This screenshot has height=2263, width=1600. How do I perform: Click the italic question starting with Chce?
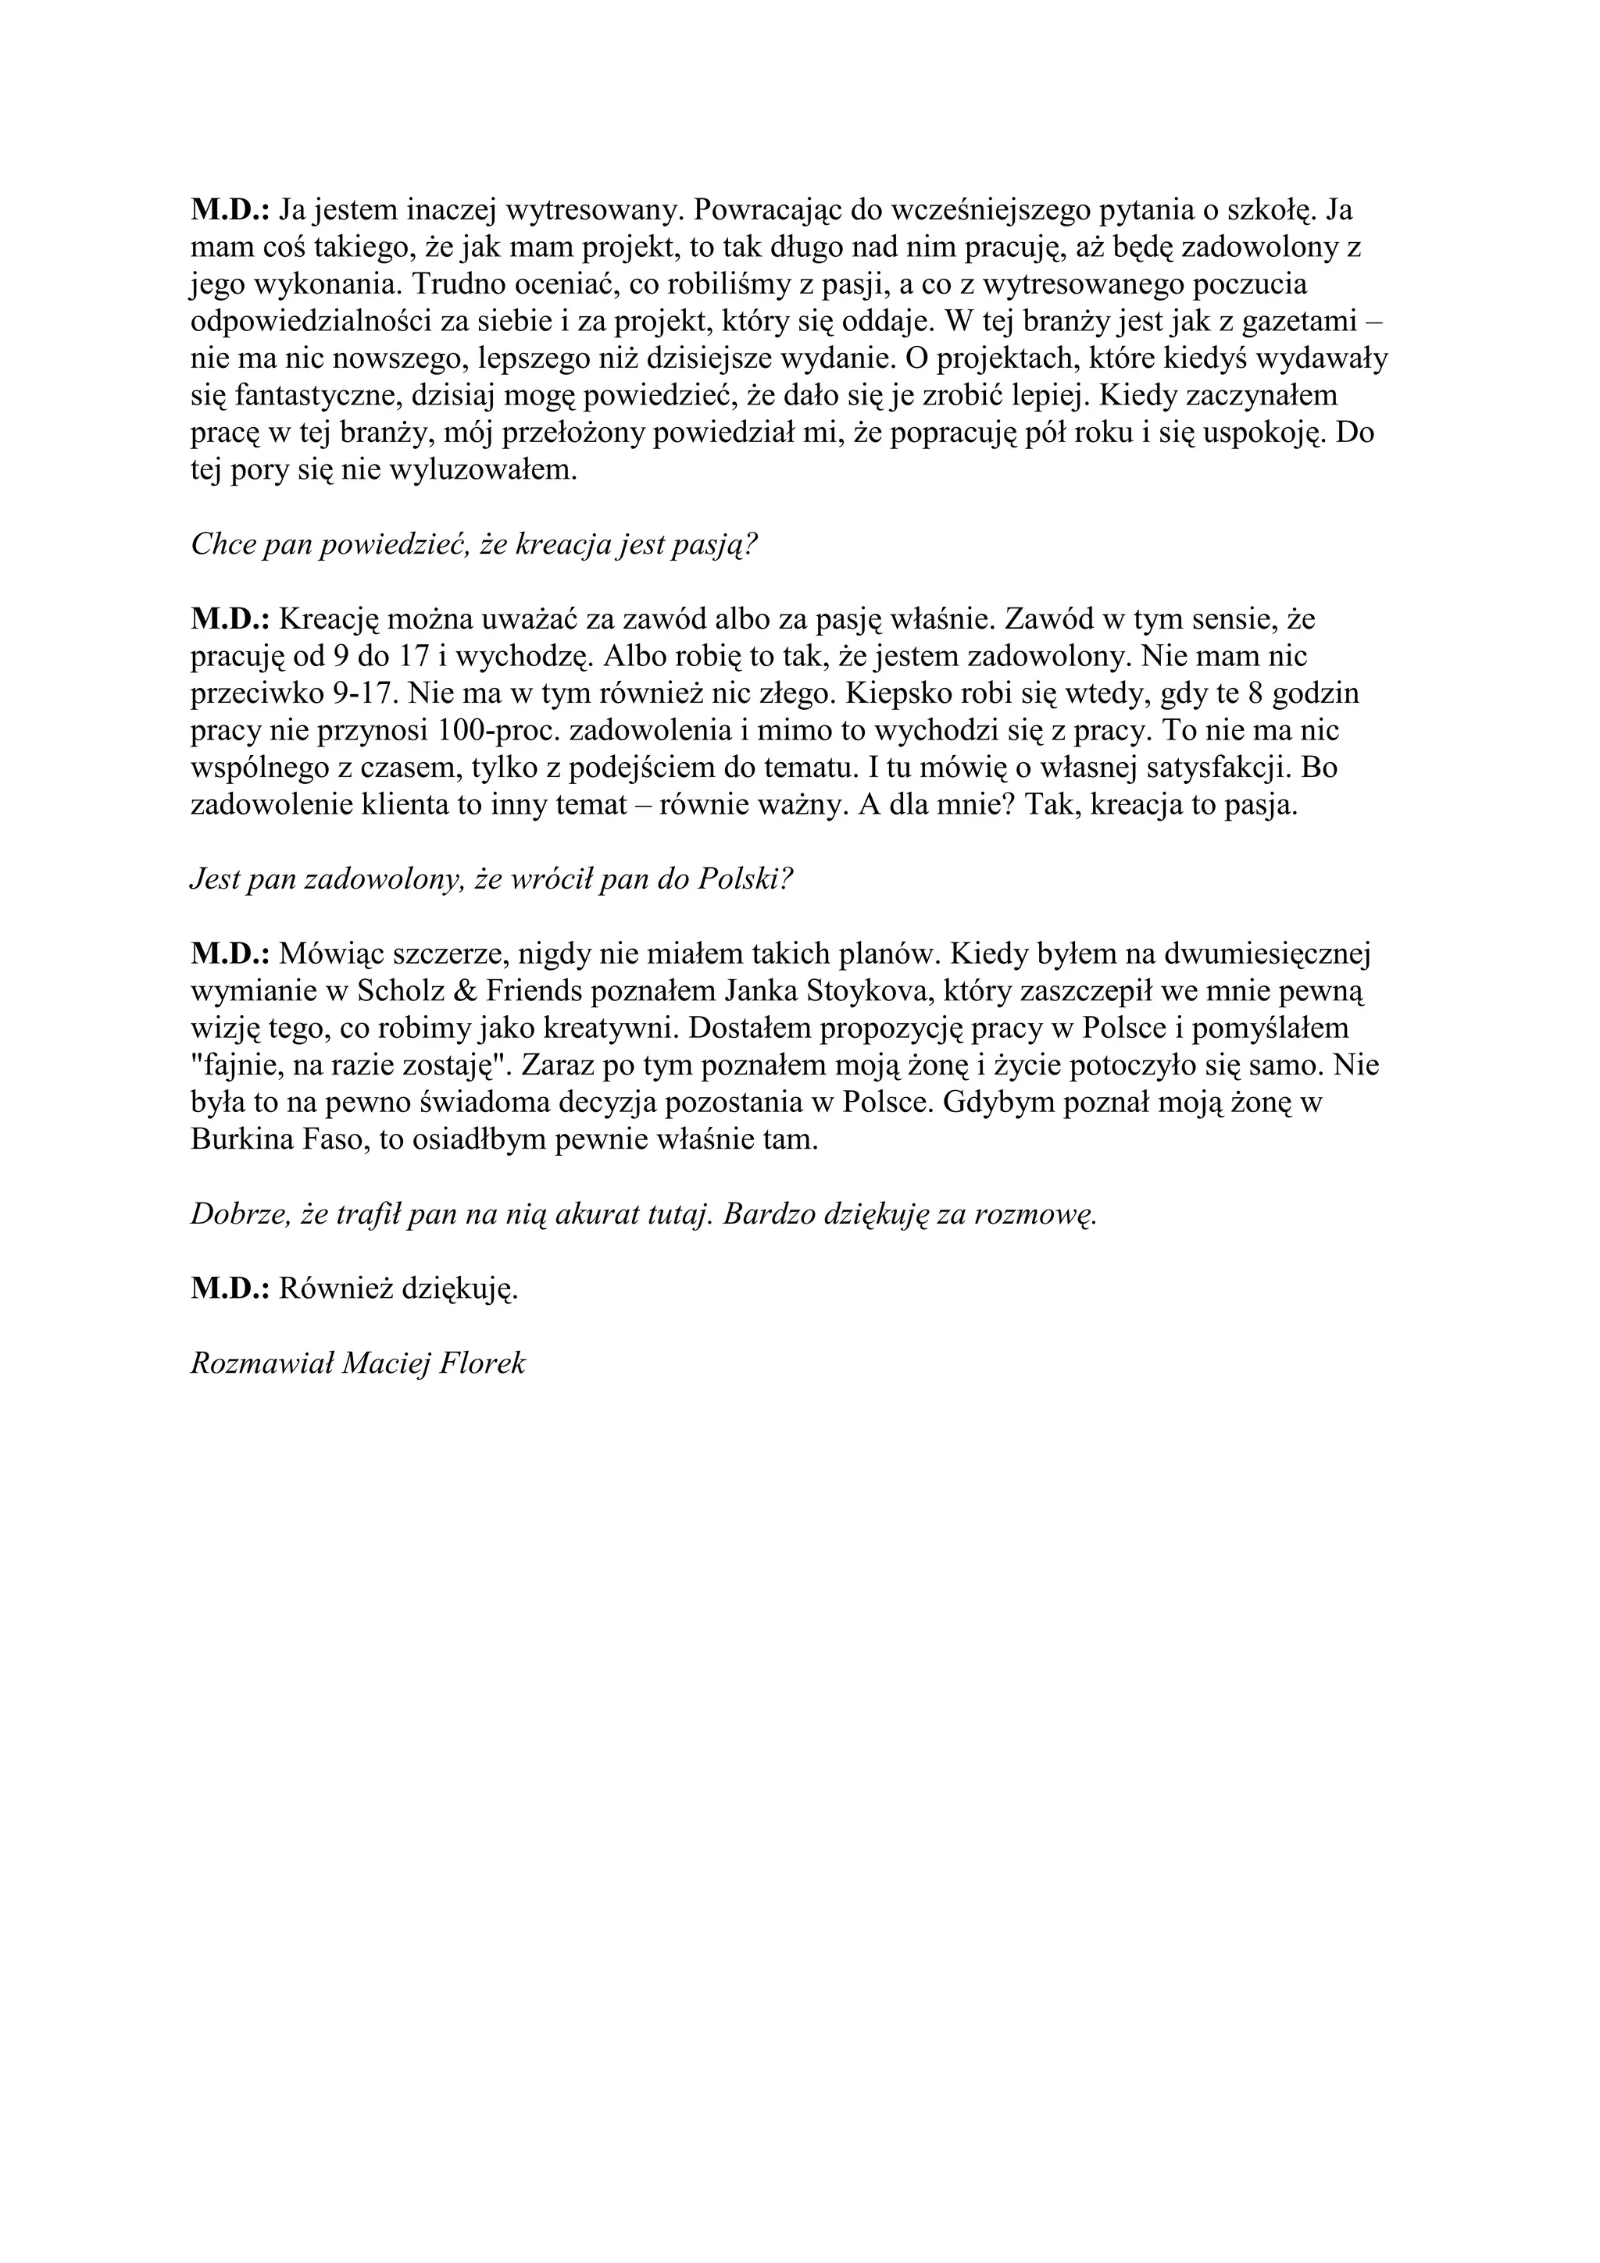(473, 545)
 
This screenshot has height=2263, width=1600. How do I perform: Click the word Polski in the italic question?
(738, 880)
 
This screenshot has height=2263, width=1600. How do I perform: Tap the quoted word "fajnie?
(234, 1067)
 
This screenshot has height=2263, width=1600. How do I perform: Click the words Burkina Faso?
(266, 1140)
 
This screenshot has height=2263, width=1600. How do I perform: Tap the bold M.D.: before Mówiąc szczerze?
(230, 954)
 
